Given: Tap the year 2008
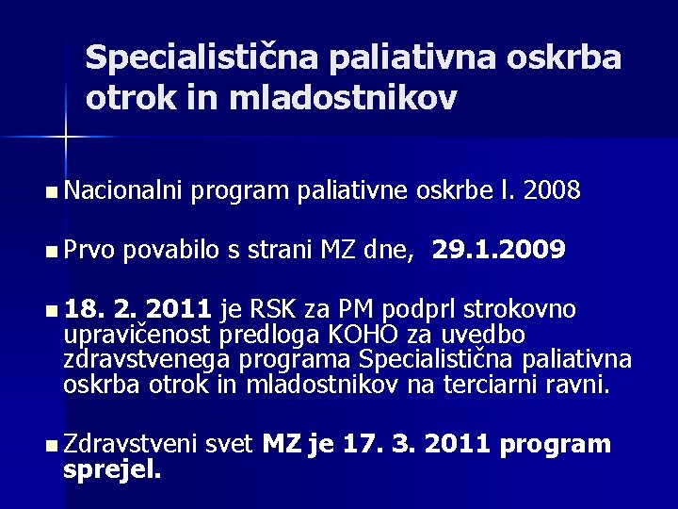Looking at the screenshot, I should point(556,192).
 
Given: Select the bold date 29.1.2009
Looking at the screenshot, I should point(498,250).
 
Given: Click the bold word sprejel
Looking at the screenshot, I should point(112,468).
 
